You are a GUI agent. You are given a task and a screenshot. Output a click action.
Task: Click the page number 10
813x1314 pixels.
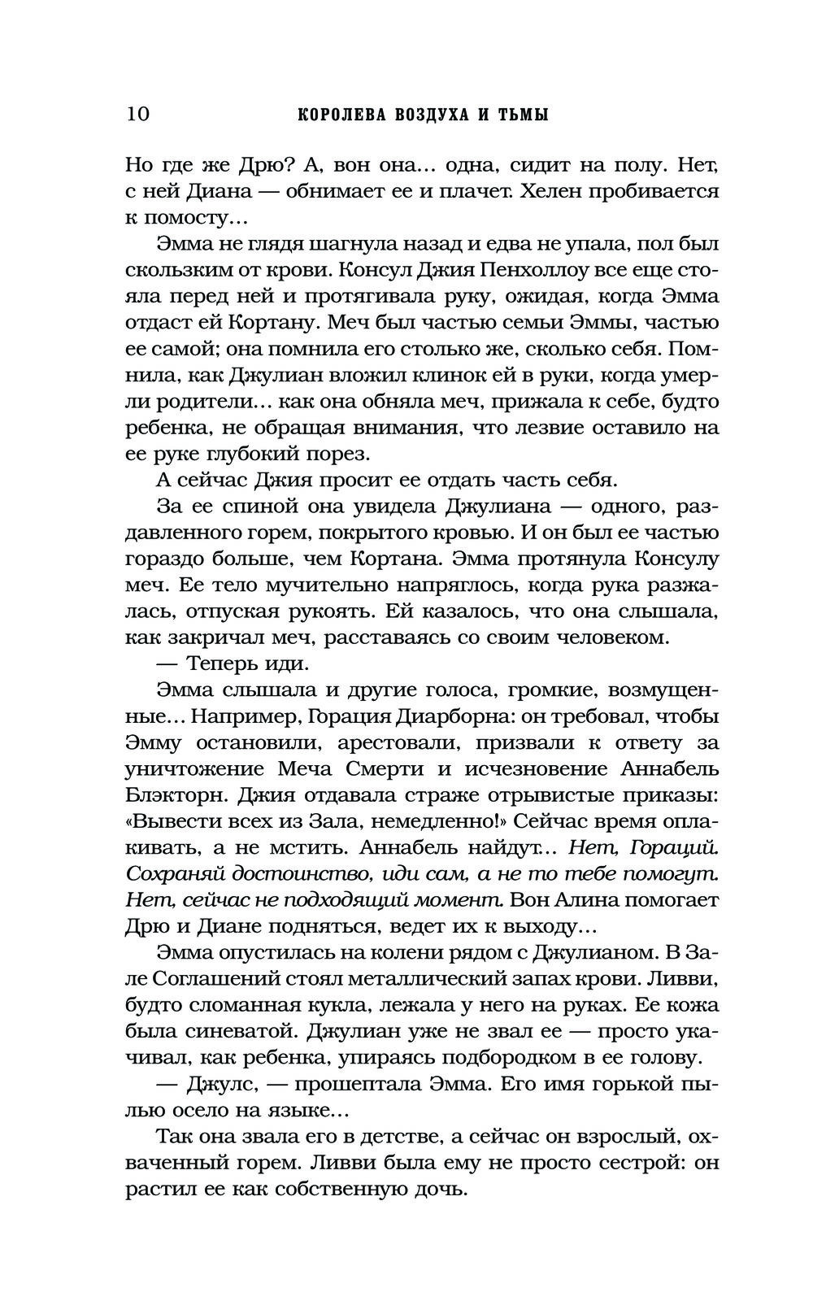click(137, 114)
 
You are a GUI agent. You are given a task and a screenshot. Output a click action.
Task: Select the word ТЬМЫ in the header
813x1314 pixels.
click(521, 115)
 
